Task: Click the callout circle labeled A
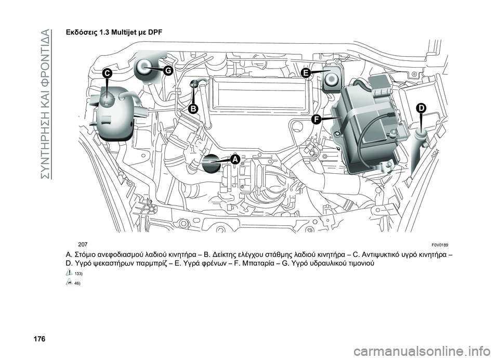(234, 159)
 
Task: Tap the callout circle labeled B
(193, 108)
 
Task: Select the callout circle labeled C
(107, 74)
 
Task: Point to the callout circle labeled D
(420, 108)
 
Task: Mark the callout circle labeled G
(168, 70)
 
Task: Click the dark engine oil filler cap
(213, 164)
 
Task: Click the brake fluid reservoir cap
(331, 79)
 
